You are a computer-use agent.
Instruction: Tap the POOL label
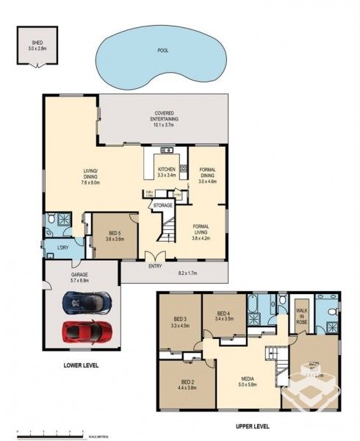pos(162,52)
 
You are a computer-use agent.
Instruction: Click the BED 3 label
pos(179,320)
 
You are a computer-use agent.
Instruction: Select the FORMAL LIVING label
pos(201,230)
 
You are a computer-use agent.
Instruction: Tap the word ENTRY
pos(155,266)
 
